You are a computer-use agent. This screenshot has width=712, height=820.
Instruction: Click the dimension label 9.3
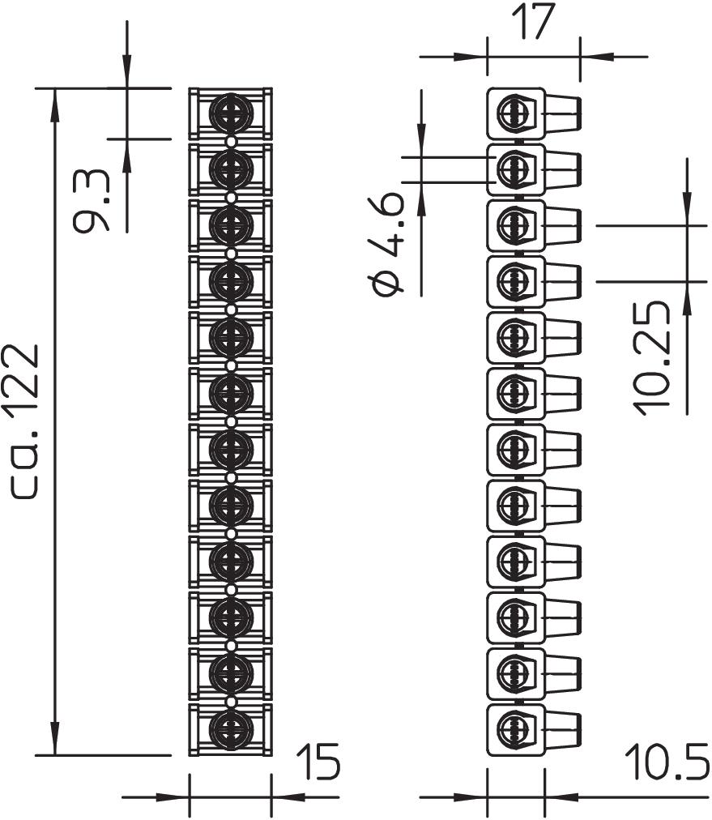click(x=91, y=200)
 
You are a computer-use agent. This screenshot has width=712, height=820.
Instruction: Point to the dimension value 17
click(x=533, y=23)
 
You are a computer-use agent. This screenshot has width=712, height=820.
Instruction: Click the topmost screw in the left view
click(x=231, y=113)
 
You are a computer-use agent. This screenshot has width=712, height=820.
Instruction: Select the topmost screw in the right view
click(x=512, y=113)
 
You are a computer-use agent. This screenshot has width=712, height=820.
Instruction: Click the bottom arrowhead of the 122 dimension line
click(x=55, y=743)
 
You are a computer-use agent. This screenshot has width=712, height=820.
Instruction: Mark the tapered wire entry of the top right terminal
click(x=562, y=113)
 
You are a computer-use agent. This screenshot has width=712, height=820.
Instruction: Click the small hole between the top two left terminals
click(x=231, y=141)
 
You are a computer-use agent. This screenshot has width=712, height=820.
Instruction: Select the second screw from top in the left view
click(x=231, y=169)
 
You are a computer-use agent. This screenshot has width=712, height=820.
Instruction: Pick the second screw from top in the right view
click(x=512, y=169)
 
